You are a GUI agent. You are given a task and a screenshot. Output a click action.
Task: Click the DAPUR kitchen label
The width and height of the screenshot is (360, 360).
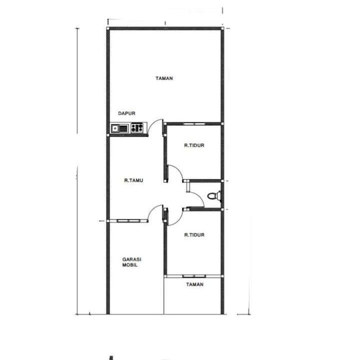click(x=127, y=113)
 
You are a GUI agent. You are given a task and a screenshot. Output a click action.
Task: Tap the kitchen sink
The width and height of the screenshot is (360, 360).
click(x=120, y=129)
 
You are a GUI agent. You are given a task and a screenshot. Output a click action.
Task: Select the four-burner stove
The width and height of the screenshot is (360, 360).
click(x=137, y=128)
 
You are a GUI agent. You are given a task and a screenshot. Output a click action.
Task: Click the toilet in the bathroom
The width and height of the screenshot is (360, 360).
click(x=214, y=195)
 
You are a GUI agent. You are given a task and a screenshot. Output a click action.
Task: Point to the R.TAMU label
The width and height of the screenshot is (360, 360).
click(x=134, y=181)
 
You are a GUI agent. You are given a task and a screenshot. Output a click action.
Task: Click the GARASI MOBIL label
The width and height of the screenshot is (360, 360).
click(x=132, y=262)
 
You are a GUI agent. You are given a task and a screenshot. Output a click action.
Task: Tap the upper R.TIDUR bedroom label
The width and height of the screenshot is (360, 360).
click(x=194, y=146)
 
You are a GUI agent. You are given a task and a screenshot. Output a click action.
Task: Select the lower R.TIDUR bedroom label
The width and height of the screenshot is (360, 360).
click(x=194, y=235)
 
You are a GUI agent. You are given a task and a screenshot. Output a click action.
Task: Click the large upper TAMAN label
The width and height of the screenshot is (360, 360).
click(x=164, y=78)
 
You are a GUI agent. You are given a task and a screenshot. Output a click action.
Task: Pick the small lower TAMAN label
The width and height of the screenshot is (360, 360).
click(x=195, y=284)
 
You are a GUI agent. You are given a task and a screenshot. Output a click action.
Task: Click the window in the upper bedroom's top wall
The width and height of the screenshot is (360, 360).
click(x=194, y=124)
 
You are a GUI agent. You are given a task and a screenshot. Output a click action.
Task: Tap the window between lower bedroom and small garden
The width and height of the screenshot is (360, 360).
click(x=194, y=276)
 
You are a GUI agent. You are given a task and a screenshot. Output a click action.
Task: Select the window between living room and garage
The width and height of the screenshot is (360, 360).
click(x=129, y=221)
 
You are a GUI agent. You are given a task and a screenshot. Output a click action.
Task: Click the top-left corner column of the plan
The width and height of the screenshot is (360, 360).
click(x=108, y=28)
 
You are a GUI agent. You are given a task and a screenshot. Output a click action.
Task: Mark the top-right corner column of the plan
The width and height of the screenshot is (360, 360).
click(x=222, y=28)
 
